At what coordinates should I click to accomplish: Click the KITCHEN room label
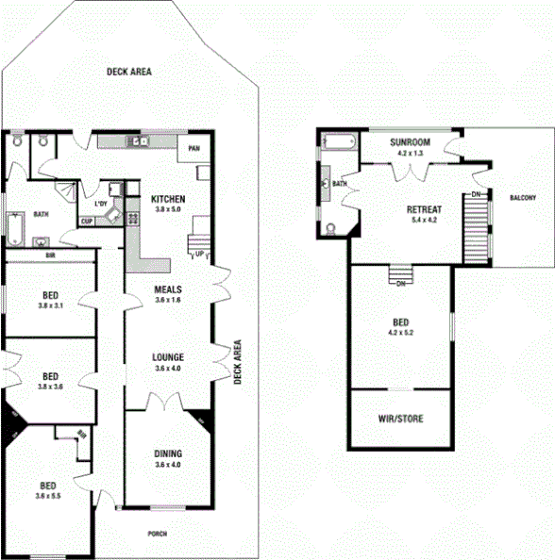(x=168, y=199)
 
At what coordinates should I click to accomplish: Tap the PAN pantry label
(x=193, y=148)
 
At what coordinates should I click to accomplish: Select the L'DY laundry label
(x=100, y=205)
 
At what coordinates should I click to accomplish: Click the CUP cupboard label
(x=86, y=222)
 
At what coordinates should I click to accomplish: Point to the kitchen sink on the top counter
(x=138, y=142)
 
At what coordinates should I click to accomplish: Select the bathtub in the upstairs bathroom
(x=337, y=142)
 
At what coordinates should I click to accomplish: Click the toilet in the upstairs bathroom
(x=329, y=226)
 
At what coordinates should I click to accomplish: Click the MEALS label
(x=168, y=289)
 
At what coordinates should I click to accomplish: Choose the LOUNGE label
(x=168, y=357)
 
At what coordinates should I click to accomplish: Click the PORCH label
(x=158, y=534)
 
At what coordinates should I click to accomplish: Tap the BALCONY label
(x=523, y=198)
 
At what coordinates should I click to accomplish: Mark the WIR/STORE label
(x=399, y=418)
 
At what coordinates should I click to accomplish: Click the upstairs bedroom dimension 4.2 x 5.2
(x=400, y=332)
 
